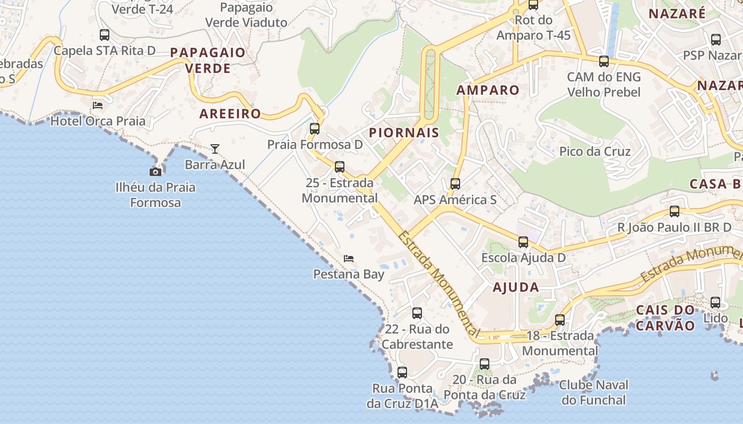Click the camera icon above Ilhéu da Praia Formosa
155,172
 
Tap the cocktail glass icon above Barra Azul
215,149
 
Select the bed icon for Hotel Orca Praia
98,105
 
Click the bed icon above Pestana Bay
349,259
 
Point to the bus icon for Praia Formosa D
315,129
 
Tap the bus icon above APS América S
455,184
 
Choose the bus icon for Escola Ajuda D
523,242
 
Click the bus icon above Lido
715,303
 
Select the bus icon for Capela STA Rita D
105,35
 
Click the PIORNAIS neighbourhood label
404,132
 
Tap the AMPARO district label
488,90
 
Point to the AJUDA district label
516,287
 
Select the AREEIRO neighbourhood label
230,113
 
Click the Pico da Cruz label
595,152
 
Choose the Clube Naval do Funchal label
593,392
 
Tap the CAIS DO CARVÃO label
666,317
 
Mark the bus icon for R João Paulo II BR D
675,211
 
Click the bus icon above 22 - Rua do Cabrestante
417,313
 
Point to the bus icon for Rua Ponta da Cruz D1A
402,373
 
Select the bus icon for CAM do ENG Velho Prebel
604,61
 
